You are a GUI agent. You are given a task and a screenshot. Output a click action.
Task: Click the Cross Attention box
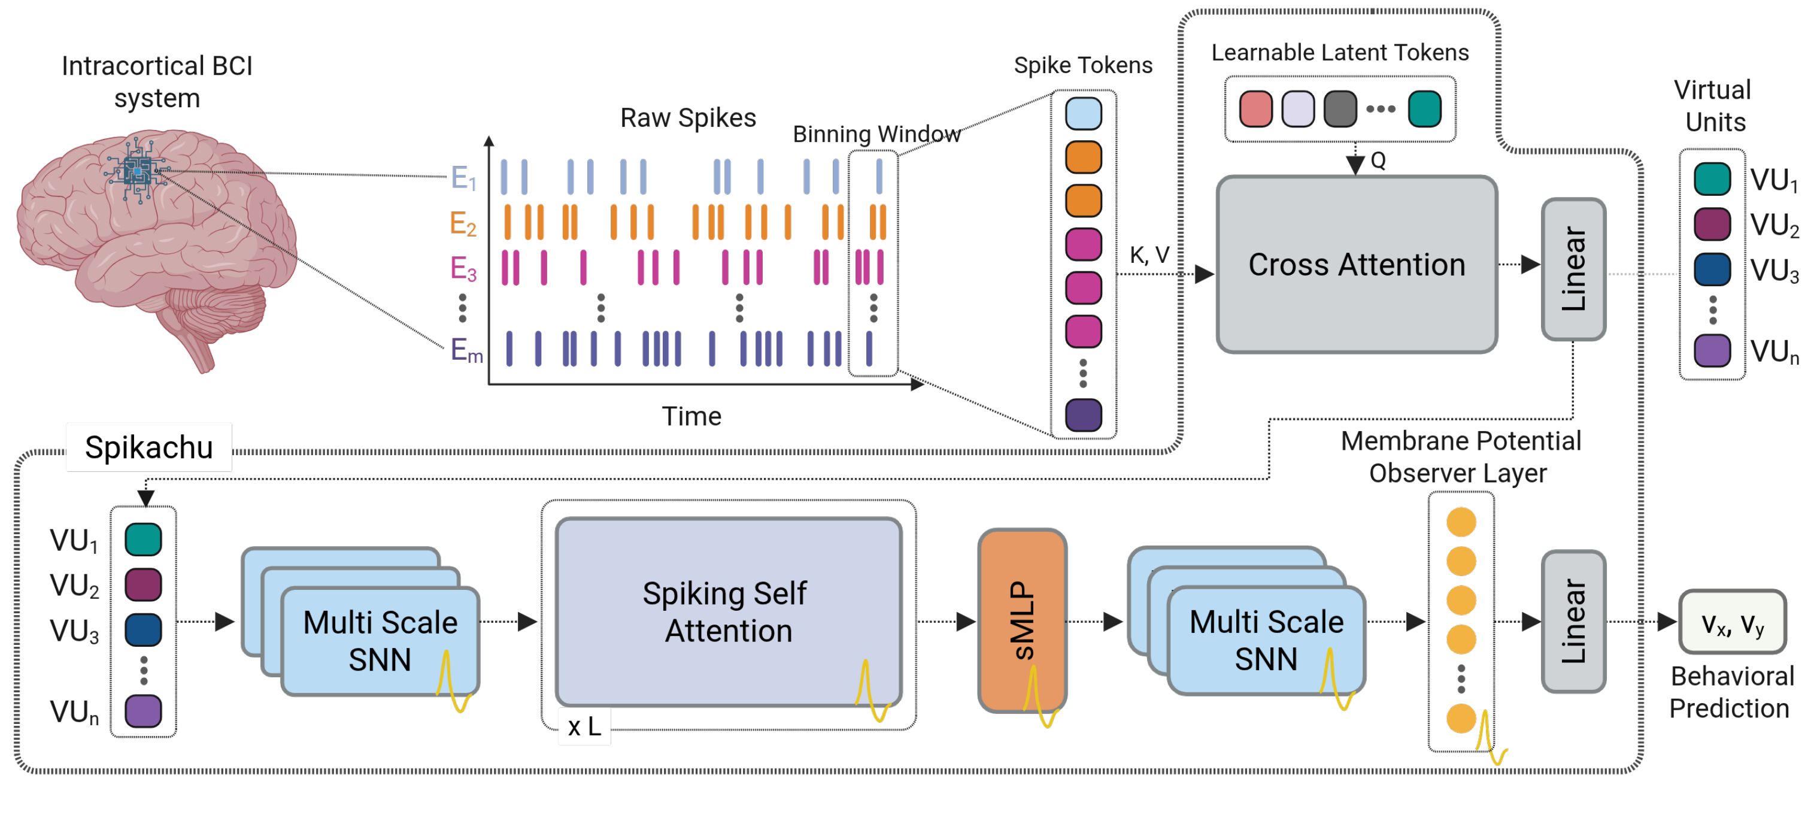coord(1356,265)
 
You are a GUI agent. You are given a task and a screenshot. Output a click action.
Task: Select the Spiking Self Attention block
coord(728,612)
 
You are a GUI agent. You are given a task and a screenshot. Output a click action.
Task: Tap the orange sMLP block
coord(1022,620)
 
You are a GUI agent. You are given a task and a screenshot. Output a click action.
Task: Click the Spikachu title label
coord(149,447)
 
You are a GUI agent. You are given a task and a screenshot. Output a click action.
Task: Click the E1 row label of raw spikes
coord(463,178)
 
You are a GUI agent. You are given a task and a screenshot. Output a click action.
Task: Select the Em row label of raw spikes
coord(466,350)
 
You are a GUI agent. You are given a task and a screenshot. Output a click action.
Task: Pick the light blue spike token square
coord(1083,114)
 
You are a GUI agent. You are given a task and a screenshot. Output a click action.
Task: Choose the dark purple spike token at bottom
coord(1083,415)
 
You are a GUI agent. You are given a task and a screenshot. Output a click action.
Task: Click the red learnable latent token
coord(1255,109)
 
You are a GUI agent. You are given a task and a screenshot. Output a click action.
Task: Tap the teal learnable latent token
coord(1424,109)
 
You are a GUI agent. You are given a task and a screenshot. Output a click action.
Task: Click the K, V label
coord(1149,255)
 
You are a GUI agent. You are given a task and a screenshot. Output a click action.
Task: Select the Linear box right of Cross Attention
coord(1573,269)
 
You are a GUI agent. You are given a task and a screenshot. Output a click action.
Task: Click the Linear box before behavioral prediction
coord(1573,621)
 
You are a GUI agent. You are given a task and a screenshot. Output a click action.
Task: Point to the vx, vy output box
coord(1732,622)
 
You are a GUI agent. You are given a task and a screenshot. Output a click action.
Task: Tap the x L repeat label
coord(584,726)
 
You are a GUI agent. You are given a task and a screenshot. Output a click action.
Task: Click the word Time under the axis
coord(691,416)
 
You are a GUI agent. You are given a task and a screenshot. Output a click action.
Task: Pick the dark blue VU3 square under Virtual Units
coord(1712,269)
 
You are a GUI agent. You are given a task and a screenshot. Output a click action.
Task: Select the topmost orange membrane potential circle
coord(1461,522)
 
